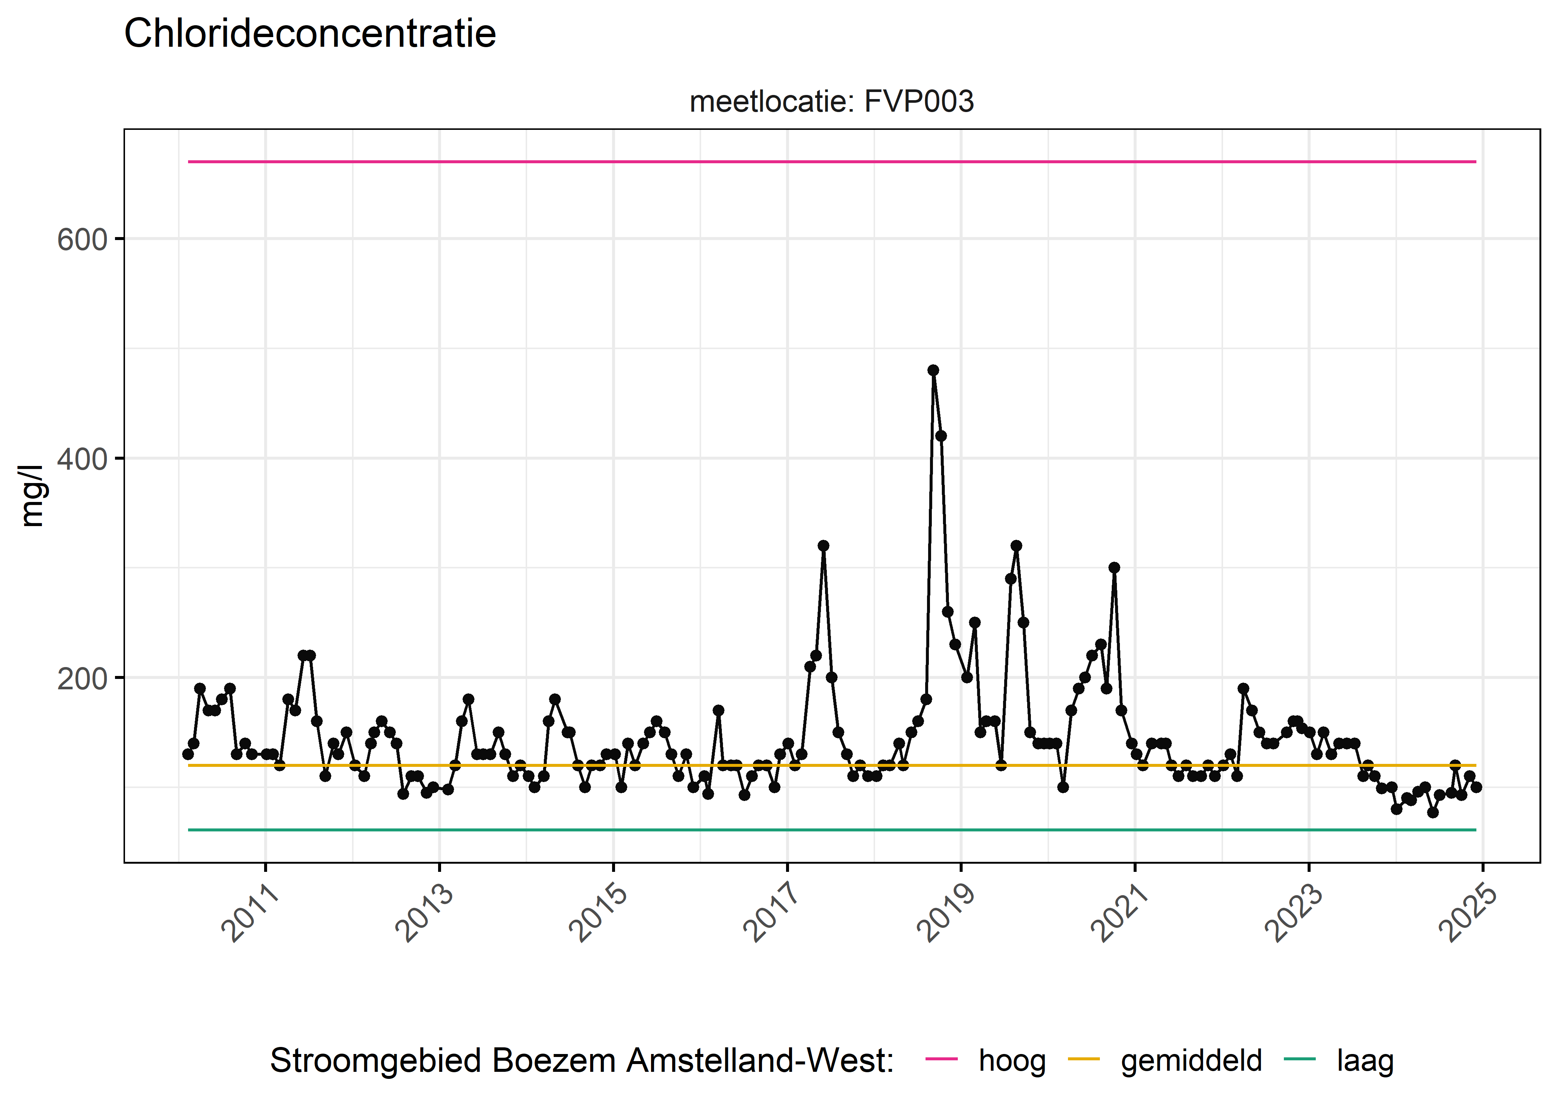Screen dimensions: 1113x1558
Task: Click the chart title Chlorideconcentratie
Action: point(310,34)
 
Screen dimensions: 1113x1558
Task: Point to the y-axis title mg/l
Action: point(32,496)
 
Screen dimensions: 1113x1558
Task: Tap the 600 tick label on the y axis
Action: point(82,240)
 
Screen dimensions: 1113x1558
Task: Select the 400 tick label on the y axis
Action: point(82,459)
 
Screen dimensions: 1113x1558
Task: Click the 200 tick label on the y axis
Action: point(82,679)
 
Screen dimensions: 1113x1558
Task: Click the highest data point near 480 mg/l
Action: point(933,370)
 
